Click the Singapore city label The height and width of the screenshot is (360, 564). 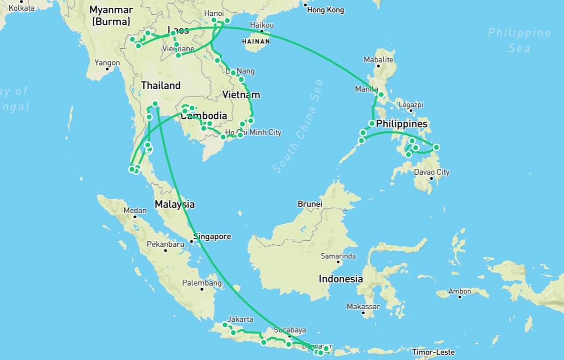coord(212,236)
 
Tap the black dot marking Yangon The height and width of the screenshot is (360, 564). coord(107,70)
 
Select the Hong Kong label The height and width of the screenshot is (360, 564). coord(326,10)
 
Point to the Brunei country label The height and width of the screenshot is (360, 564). coord(310,204)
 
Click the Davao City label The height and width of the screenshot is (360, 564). coord(432,172)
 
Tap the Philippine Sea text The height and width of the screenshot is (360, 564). coord(519,40)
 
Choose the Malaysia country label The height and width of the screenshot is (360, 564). coord(174,204)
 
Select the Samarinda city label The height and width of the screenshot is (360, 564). coord(338,256)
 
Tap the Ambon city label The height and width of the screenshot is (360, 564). coord(459,292)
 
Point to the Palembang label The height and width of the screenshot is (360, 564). coord(202,283)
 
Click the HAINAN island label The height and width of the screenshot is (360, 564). coord(256,42)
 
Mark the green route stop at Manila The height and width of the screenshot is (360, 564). coord(381,94)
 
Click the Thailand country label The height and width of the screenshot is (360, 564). coord(161,85)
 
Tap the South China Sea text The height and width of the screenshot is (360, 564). coord(299,126)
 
